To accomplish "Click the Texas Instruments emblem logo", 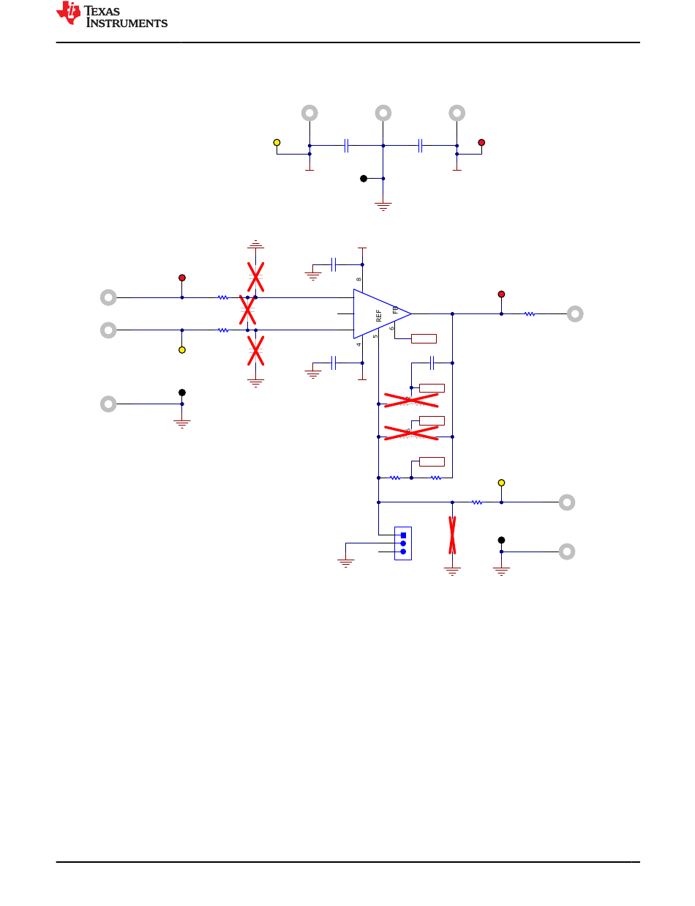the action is tap(68, 12).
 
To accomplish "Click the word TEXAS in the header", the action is tap(102, 11).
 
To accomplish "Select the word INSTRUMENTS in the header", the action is tap(127, 23).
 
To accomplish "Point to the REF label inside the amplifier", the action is tap(378, 316).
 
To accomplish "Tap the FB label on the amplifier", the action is tap(395, 310).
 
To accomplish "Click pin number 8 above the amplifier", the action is tap(358, 279).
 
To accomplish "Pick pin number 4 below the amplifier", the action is tap(358, 344).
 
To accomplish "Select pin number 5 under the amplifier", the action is tap(375, 336).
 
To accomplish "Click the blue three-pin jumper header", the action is tap(402, 543).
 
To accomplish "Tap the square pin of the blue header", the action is tap(403, 535).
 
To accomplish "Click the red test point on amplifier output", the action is tap(501, 294).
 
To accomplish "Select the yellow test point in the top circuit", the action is tap(277, 143).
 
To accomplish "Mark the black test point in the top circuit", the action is tap(364, 179).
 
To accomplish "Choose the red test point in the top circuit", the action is tap(481, 143).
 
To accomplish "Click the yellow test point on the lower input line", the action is tap(182, 350).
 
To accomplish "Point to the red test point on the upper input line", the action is tap(182, 278).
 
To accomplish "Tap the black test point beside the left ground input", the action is tap(182, 393).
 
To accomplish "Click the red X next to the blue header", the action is tap(452, 535).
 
